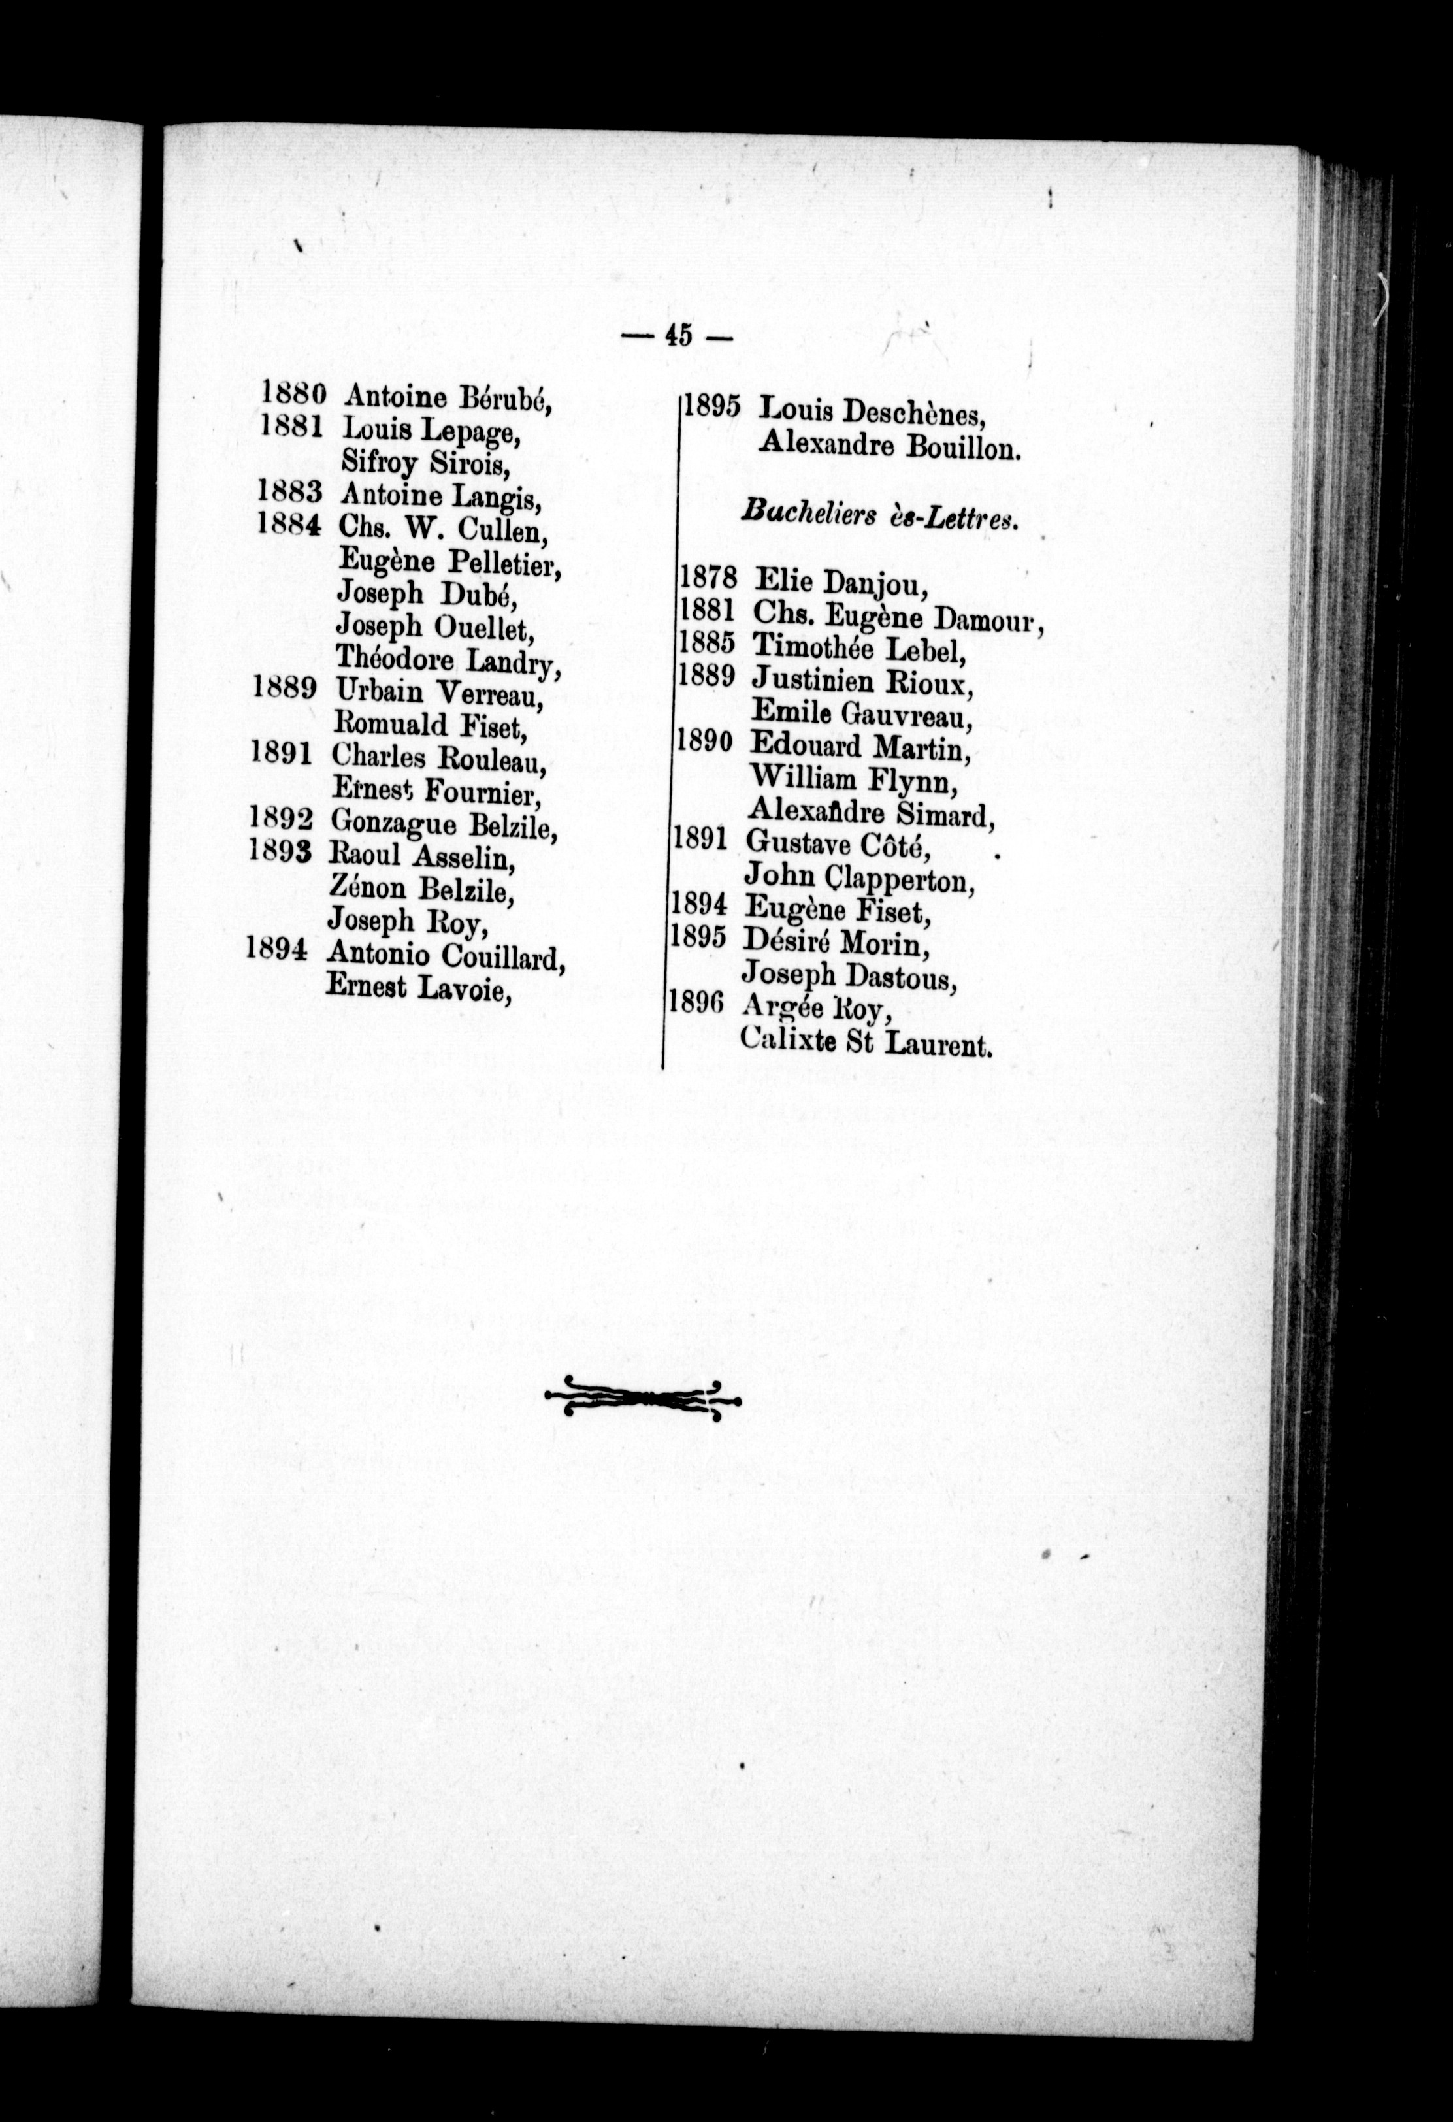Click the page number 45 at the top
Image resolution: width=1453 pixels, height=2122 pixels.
pyautogui.click(x=677, y=336)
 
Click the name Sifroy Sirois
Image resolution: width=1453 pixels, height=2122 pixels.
pyautogui.click(x=424, y=464)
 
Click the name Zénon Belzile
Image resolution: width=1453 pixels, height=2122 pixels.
pyautogui.click(x=420, y=889)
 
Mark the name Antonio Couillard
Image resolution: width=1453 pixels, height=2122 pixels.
pyautogui.click(x=446, y=956)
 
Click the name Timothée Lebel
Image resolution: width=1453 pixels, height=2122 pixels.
pyautogui.click(x=858, y=647)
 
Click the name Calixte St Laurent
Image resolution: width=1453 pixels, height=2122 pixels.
pyautogui.click(x=866, y=1042)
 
